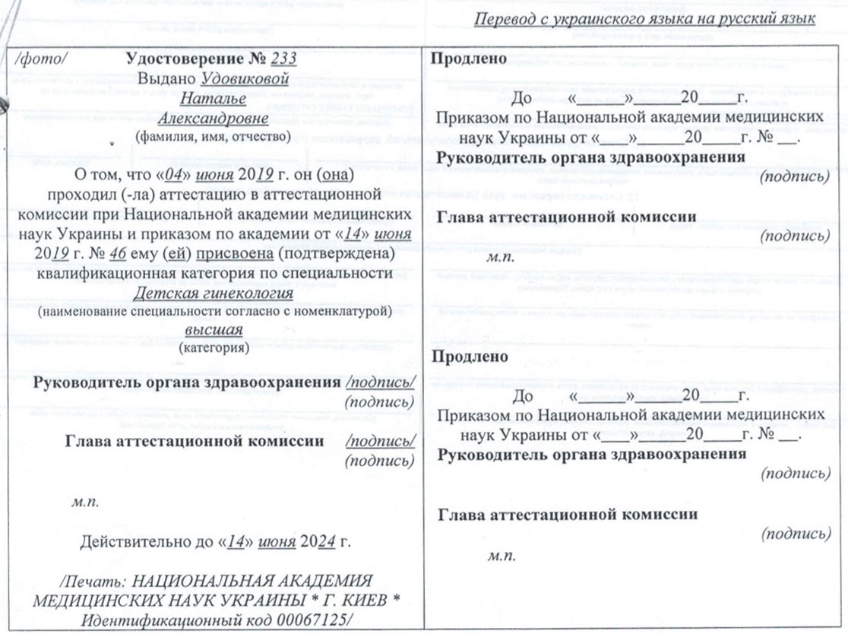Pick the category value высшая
coord(213,331)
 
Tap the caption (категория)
coord(212,348)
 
